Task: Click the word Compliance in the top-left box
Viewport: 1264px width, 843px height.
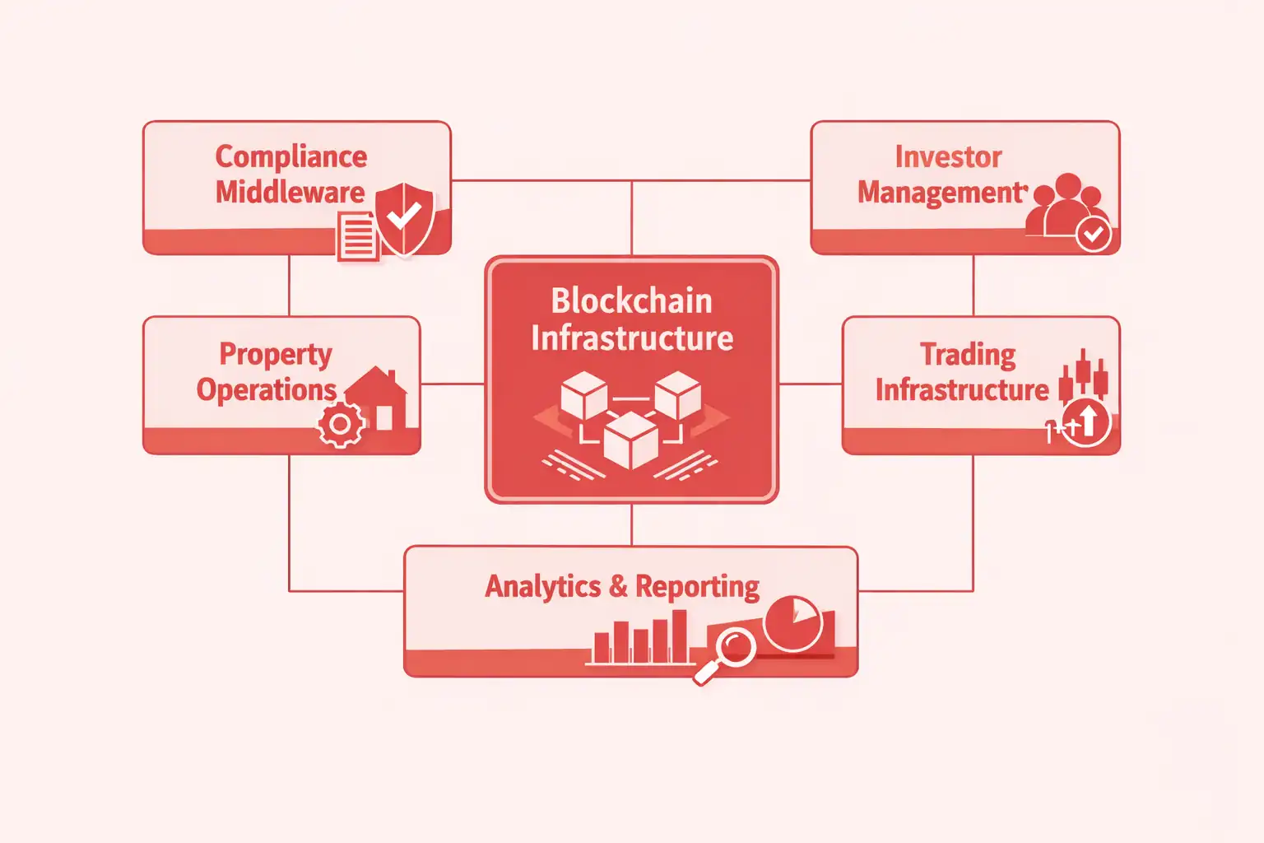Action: (290, 156)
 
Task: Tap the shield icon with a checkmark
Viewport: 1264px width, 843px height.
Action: (404, 218)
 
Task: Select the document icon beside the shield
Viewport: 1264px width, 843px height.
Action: (357, 236)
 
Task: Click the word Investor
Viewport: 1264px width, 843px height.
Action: (948, 156)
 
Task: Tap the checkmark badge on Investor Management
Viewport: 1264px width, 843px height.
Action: (1094, 235)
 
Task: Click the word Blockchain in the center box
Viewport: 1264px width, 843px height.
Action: (631, 300)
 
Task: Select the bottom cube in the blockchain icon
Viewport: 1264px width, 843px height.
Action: (630, 440)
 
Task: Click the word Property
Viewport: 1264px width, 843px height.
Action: (275, 354)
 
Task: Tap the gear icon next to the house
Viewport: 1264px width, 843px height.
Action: (340, 425)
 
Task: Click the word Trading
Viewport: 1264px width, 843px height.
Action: (968, 354)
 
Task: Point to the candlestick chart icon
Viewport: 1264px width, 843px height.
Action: (1083, 375)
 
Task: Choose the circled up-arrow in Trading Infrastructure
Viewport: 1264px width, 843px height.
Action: (1086, 422)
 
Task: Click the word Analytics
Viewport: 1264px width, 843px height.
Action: (542, 586)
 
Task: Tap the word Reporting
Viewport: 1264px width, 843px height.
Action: (697, 586)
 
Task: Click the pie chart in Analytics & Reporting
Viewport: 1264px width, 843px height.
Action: (792, 623)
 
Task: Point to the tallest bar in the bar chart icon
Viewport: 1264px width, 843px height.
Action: (679, 636)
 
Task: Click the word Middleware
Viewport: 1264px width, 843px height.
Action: (290, 193)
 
